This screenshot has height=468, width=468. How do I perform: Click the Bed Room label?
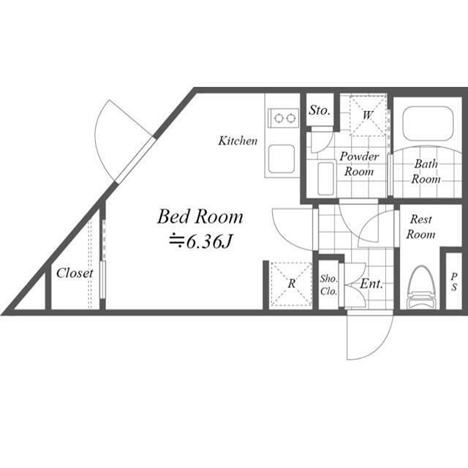[x=200, y=216]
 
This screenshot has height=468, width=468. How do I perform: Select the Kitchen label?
[x=238, y=141]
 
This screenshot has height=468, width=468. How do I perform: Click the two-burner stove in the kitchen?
[x=284, y=118]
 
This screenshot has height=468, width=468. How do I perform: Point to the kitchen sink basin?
[x=282, y=159]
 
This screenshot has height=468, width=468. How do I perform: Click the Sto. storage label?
[x=320, y=110]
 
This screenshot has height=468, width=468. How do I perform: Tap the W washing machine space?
[x=368, y=116]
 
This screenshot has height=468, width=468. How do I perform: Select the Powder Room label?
[x=359, y=164]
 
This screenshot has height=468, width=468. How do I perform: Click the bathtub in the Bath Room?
[x=428, y=124]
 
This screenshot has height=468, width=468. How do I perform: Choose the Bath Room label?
[x=426, y=172]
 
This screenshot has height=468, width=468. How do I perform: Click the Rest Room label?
[x=420, y=227]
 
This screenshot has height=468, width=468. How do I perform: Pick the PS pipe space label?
[x=454, y=282]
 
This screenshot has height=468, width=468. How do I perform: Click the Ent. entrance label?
[x=371, y=284]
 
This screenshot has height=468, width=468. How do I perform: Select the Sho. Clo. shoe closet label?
[x=328, y=284]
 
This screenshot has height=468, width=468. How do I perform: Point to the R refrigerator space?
[x=291, y=284]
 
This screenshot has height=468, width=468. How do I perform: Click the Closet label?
[x=75, y=273]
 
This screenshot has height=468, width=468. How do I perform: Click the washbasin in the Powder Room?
[x=325, y=178]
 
